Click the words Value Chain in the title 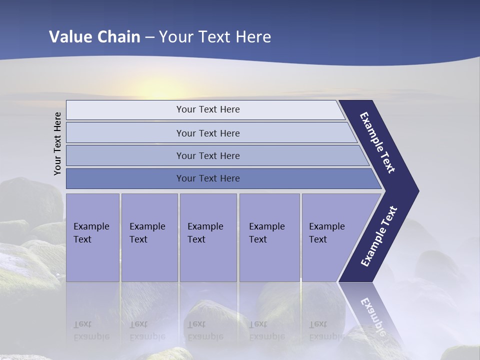(94, 37)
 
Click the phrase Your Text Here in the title (215, 37)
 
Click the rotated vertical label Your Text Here (57, 143)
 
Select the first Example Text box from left (92, 237)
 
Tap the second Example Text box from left (149, 237)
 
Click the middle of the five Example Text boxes (208, 237)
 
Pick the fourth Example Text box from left (269, 237)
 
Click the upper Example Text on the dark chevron (377, 142)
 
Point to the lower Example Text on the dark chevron (379, 236)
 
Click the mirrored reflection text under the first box (91, 330)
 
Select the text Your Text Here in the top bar (208, 109)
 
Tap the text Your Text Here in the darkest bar (208, 178)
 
